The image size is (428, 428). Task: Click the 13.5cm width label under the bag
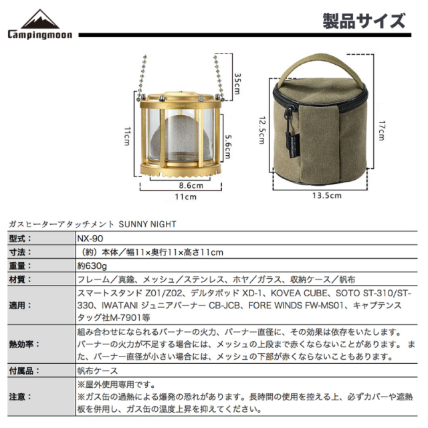pyautogui.click(x=326, y=196)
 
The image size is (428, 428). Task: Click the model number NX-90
pyautogui.click(x=90, y=238)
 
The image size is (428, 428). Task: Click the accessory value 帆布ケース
pyautogui.click(x=98, y=370)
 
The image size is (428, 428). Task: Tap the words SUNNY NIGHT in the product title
pyautogui.click(x=147, y=225)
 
